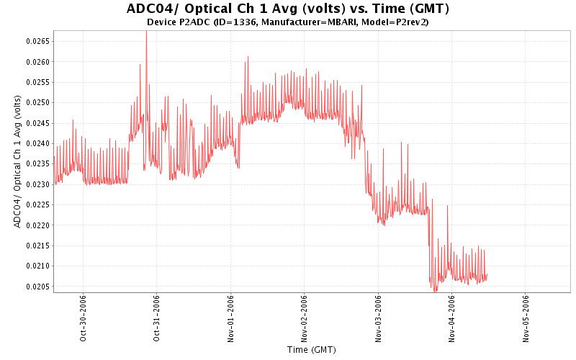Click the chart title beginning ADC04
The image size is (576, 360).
[x=288, y=9]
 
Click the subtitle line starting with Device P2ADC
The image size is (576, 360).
[x=288, y=22]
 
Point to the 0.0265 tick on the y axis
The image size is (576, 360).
[x=36, y=41]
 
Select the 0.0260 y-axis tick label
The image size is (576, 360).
[x=36, y=62]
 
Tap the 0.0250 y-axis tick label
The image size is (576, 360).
[x=36, y=102]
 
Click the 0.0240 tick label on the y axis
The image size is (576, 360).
[x=36, y=143]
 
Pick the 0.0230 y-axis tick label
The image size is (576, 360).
[x=36, y=184]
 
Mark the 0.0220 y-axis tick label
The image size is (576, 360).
[x=36, y=225]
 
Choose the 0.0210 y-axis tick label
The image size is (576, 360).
[x=36, y=266]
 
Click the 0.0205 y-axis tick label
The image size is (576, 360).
[x=36, y=287]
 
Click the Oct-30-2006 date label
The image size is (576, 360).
[x=84, y=317]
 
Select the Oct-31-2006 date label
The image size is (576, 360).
[x=157, y=317]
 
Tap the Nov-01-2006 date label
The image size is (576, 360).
[x=230, y=317]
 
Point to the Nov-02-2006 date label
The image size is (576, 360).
[x=304, y=317]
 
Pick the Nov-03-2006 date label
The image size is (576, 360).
[x=378, y=317]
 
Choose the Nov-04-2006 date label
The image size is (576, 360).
[x=451, y=317]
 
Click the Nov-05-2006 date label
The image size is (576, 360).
[x=526, y=317]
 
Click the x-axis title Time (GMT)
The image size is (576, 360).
[x=311, y=350]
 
